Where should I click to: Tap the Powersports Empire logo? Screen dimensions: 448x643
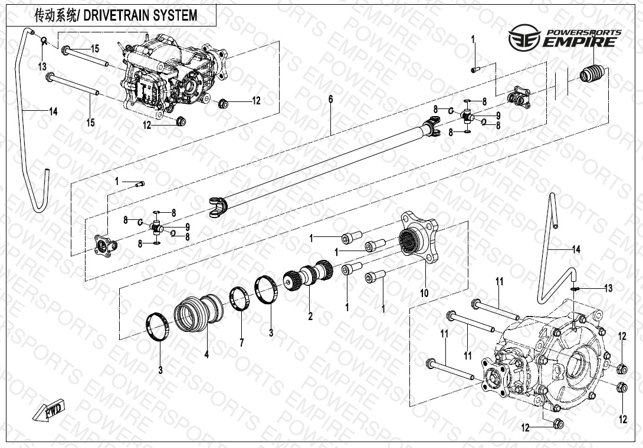[x=565, y=37]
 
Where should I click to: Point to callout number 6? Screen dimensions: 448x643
[x=331, y=99]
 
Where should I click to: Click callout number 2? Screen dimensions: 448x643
[x=310, y=317]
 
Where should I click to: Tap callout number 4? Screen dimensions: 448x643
[x=206, y=354]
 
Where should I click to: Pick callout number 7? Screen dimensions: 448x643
[x=242, y=342]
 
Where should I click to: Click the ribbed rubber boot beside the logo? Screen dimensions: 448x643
[x=592, y=73]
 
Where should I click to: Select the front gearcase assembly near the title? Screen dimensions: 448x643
[x=171, y=74]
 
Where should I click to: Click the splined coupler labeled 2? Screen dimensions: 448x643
[x=309, y=276]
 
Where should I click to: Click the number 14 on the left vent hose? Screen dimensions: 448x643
[x=53, y=112]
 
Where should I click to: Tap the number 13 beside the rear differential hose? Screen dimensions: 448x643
[x=608, y=288]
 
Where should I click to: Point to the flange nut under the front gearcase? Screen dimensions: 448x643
[x=181, y=122]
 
